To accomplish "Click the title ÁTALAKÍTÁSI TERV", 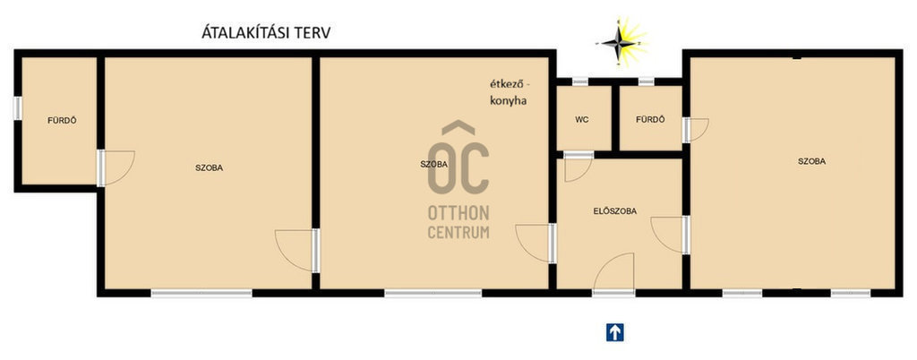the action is [266, 32].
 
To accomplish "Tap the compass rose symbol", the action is [621, 42].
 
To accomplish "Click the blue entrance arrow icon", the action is [614, 332].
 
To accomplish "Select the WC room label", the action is [582, 120].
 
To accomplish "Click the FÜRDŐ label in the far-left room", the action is [62, 120].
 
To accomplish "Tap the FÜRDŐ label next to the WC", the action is [650, 120].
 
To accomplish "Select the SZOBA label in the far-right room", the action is [811, 161].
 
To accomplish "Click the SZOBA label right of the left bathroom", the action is [209, 167].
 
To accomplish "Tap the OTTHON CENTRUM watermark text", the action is [458, 222].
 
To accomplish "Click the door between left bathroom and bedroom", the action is [116, 168].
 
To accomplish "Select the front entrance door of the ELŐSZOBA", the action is [614, 272].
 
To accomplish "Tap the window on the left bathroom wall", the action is [18, 108].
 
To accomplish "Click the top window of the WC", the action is [579, 81].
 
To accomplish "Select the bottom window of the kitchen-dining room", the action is [433, 293].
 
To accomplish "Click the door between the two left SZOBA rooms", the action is [297, 251].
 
